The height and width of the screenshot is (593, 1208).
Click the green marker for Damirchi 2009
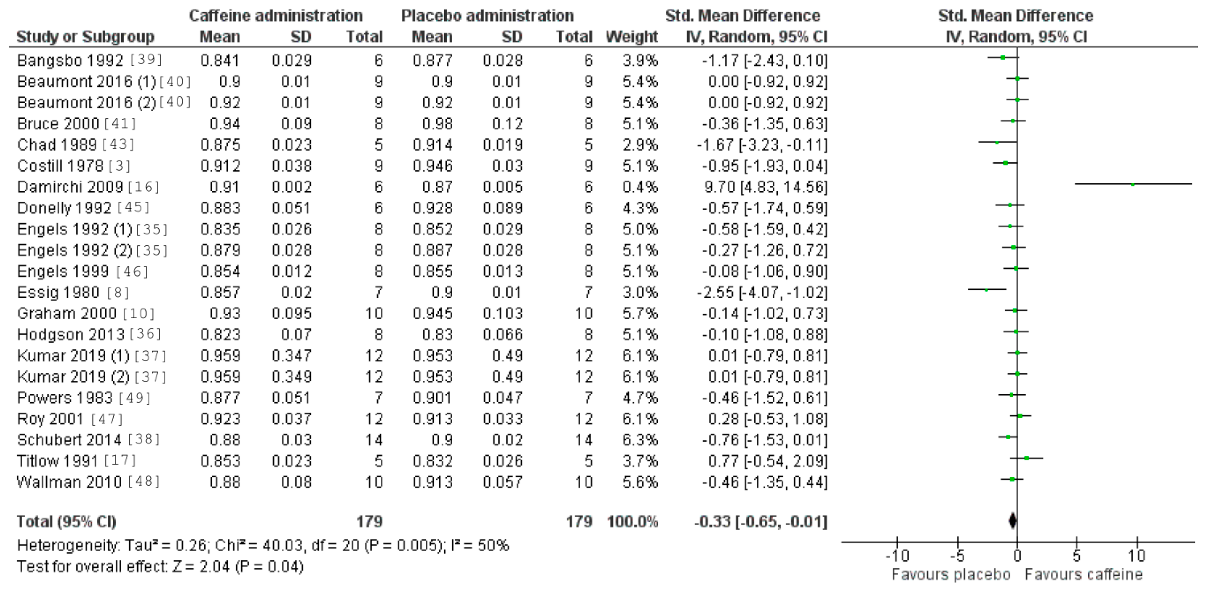click(1133, 184)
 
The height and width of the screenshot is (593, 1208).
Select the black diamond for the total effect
click(1012, 520)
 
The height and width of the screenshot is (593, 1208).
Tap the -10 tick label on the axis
click(897, 557)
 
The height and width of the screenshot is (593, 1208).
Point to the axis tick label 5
click(1077, 557)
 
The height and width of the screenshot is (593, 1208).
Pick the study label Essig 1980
click(58, 293)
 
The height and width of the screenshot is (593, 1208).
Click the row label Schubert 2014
click(69, 440)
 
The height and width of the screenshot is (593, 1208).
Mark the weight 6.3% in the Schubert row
click(640, 440)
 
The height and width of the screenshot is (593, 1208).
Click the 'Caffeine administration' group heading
click(276, 16)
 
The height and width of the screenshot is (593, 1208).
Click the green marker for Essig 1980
click(986, 290)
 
